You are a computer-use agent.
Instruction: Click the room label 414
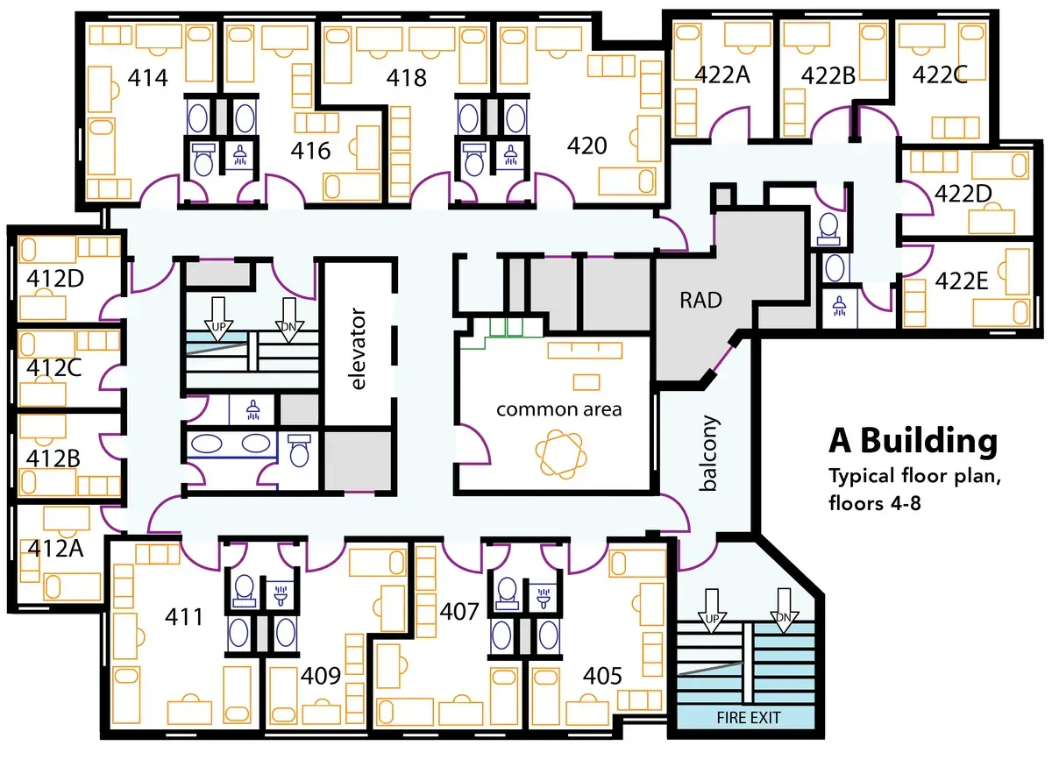[148, 77]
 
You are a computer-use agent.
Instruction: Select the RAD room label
[700, 301]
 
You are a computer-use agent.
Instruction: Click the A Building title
[913, 441]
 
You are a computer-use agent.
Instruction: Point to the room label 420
[586, 146]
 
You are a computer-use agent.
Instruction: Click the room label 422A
[722, 75]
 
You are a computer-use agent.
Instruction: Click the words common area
[558, 409]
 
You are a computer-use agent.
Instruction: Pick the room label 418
[407, 77]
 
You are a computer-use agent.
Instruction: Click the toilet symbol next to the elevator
[299, 451]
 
